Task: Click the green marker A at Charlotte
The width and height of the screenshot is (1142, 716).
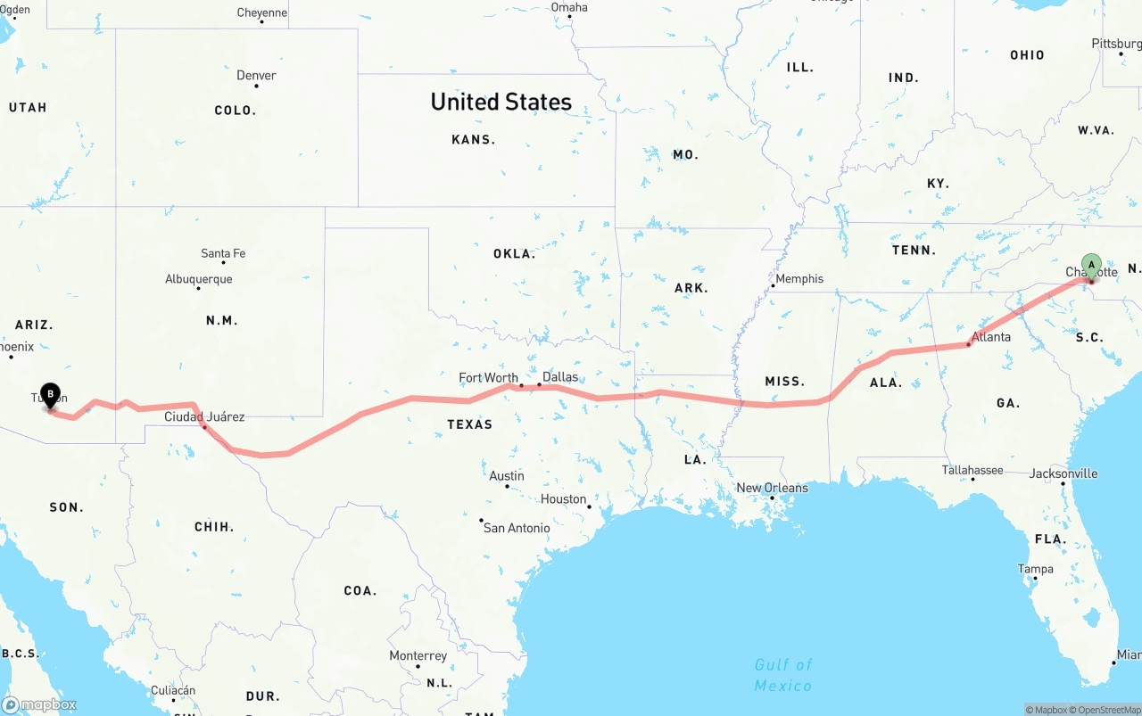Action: pyautogui.click(x=1091, y=265)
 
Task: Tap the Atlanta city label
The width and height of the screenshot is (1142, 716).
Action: pyautogui.click(x=991, y=336)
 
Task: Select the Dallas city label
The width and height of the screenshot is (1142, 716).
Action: pyautogui.click(x=560, y=377)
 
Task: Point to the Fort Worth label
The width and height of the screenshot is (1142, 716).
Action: pyautogui.click(x=488, y=378)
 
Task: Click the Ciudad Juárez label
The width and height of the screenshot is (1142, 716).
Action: pyautogui.click(x=204, y=416)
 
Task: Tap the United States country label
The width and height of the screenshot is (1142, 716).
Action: pyautogui.click(x=501, y=102)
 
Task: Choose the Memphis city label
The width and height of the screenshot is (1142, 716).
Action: pyautogui.click(x=799, y=279)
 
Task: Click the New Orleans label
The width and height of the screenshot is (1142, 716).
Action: pyautogui.click(x=772, y=488)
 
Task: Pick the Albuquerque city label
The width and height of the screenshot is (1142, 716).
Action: pyautogui.click(x=198, y=279)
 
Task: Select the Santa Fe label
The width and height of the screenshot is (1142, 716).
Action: pyautogui.click(x=223, y=254)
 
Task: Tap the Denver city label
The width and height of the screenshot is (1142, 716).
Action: pyautogui.click(x=256, y=76)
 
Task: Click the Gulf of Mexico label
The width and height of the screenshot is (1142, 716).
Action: pyautogui.click(x=783, y=675)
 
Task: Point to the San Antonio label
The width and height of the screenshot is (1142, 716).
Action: pyautogui.click(x=517, y=528)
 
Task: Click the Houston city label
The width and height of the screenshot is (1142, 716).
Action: pyautogui.click(x=563, y=499)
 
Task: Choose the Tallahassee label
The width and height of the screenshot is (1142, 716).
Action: pyautogui.click(x=972, y=470)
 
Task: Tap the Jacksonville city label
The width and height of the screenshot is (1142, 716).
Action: pyautogui.click(x=1063, y=473)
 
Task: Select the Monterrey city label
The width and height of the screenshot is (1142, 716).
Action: pyautogui.click(x=418, y=656)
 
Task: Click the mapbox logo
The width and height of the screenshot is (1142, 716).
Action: pyautogui.click(x=39, y=705)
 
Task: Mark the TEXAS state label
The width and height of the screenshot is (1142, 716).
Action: pyautogui.click(x=469, y=424)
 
